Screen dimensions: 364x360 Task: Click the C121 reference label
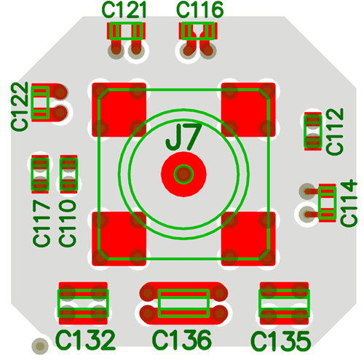coord(124,9)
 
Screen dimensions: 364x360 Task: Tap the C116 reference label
coord(199,9)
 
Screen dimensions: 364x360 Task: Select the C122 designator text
coord(20,106)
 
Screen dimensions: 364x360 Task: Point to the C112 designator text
coord(335,132)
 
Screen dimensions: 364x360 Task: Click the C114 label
coord(349,203)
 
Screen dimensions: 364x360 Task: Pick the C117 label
coord(41,223)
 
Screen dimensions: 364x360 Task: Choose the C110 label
coord(68,223)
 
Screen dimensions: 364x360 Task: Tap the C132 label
coord(85,340)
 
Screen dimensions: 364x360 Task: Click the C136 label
coord(182,340)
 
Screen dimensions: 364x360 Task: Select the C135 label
coord(281,341)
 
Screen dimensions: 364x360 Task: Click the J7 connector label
coord(183,137)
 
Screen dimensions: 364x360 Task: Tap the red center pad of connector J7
coord(183,174)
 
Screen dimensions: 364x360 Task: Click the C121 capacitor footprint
coord(126,31)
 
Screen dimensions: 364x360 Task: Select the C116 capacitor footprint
coord(198,31)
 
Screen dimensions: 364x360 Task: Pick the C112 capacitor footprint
coord(313,131)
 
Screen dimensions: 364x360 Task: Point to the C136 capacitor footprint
coord(183,303)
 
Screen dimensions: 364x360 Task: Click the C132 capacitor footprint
coord(83,303)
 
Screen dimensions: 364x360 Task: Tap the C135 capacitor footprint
coord(284,303)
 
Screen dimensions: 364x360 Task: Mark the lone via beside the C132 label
coord(40,346)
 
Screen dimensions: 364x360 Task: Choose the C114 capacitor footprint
coord(328,203)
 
